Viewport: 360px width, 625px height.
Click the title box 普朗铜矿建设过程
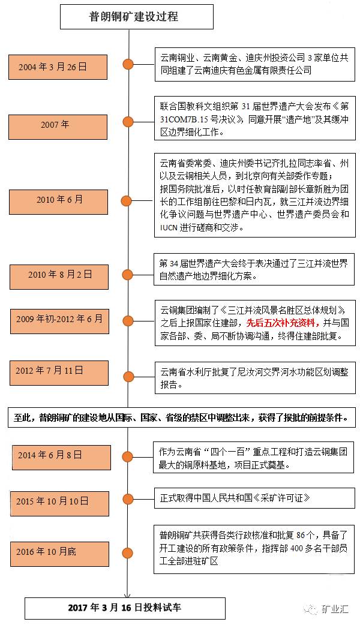137,17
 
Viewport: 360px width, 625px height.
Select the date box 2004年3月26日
53,67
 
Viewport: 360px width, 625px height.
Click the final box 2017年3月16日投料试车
124,608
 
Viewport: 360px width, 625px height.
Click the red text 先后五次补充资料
279,323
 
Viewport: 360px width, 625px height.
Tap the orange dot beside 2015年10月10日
128,501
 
